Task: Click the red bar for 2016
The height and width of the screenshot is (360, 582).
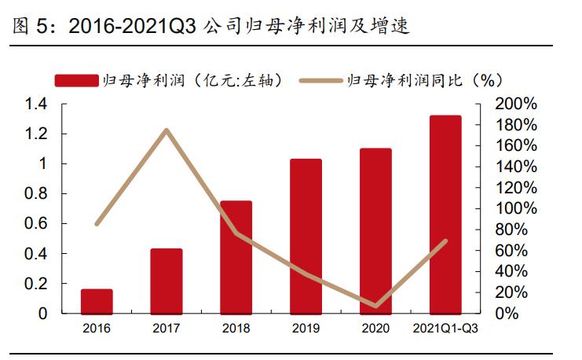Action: tap(97, 301)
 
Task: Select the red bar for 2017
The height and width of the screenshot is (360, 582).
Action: tap(167, 281)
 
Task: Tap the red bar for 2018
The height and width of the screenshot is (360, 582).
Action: tap(236, 257)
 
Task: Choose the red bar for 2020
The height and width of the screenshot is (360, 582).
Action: tap(375, 230)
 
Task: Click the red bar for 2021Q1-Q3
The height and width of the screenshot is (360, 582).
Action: tap(445, 214)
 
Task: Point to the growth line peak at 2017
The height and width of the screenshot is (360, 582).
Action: tap(167, 130)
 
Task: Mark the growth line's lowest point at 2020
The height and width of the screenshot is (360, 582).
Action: tap(375, 306)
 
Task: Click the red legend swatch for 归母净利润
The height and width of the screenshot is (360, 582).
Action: tap(76, 80)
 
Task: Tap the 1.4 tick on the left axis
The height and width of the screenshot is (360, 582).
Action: tap(36, 105)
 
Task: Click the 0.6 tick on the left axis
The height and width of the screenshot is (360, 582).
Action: tap(36, 224)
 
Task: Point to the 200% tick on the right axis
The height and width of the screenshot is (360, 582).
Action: tap(516, 105)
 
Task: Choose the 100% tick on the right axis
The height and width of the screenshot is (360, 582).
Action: tap(516, 209)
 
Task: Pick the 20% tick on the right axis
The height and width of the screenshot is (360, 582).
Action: tap(520, 292)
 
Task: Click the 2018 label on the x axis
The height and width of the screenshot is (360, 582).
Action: tap(236, 328)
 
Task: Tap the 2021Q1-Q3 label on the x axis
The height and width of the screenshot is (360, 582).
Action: tap(445, 328)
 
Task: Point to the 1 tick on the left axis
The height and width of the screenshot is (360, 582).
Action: tap(44, 164)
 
